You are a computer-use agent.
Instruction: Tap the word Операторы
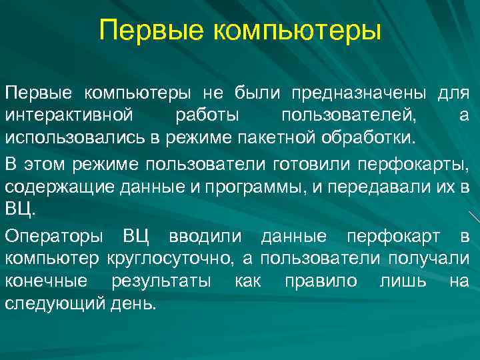(53, 237)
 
